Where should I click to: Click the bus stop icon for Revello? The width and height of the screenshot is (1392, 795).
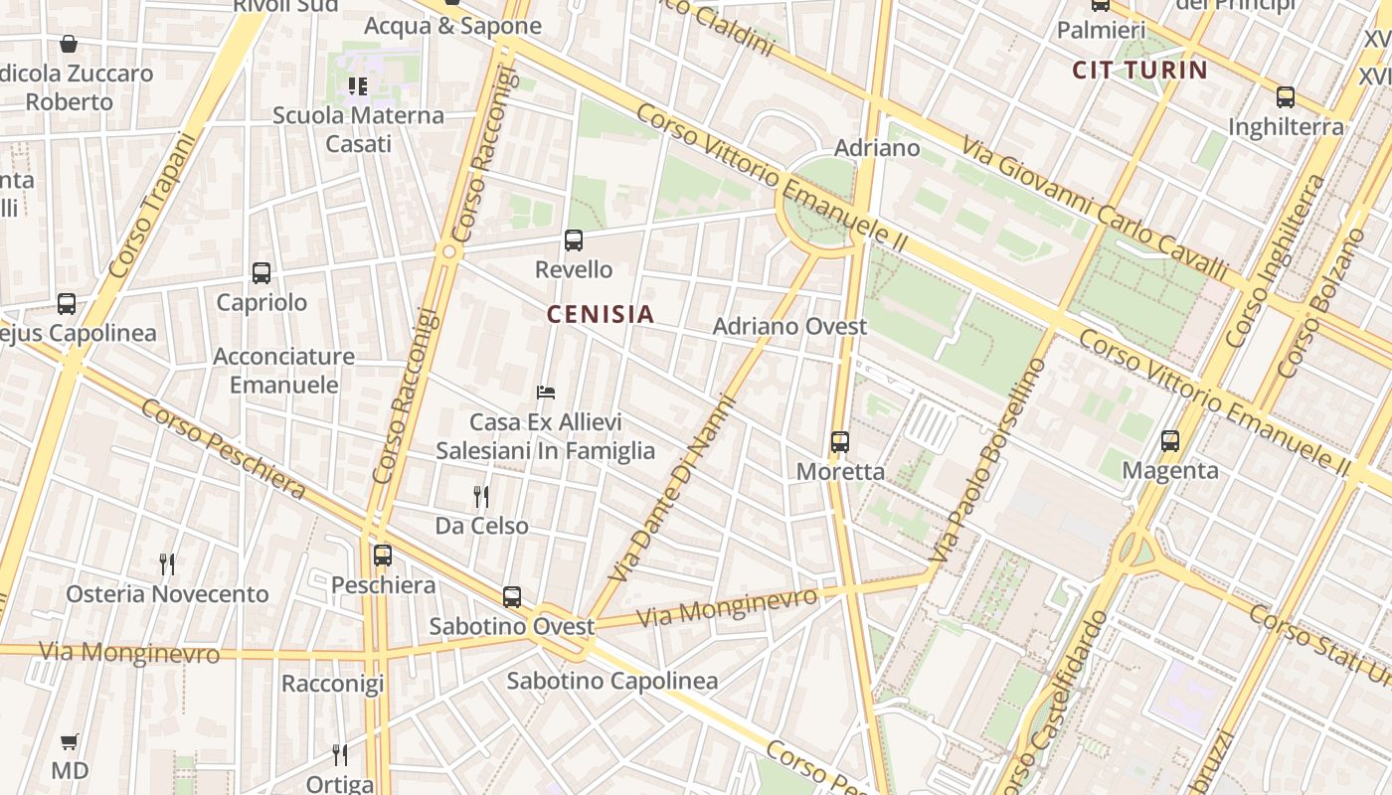click(574, 240)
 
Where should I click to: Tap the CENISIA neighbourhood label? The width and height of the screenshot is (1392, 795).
click(601, 315)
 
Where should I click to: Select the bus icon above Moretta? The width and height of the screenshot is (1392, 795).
click(840, 442)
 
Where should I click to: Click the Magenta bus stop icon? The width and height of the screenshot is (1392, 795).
click(1170, 441)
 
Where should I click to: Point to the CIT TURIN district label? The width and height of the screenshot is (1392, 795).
click(1140, 71)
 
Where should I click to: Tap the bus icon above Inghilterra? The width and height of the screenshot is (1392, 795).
click(1286, 97)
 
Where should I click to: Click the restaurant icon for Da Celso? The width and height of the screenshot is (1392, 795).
click(481, 496)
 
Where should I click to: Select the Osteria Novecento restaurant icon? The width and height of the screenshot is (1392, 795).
click(167, 564)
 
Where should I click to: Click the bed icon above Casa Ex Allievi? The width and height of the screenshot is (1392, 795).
click(545, 393)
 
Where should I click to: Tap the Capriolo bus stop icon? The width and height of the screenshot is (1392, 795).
click(261, 273)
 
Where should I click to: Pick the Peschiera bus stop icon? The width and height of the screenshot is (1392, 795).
click(383, 556)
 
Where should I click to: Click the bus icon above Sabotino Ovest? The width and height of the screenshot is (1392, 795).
click(512, 597)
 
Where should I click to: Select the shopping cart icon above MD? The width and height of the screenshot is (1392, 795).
click(70, 742)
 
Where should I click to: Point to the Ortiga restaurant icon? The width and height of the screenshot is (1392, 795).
click(340, 755)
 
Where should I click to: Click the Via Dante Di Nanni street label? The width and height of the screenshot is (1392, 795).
click(674, 489)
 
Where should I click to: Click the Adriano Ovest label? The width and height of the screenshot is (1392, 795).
click(789, 326)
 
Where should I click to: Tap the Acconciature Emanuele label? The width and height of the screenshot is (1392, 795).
click(283, 371)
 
